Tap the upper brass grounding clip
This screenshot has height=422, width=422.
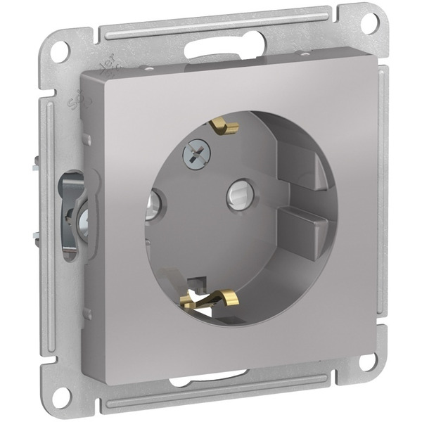(224, 127)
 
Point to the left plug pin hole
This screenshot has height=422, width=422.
(153, 205)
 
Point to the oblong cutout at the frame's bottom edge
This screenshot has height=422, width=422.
(208, 381)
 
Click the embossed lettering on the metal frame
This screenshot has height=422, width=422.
(82, 99)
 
